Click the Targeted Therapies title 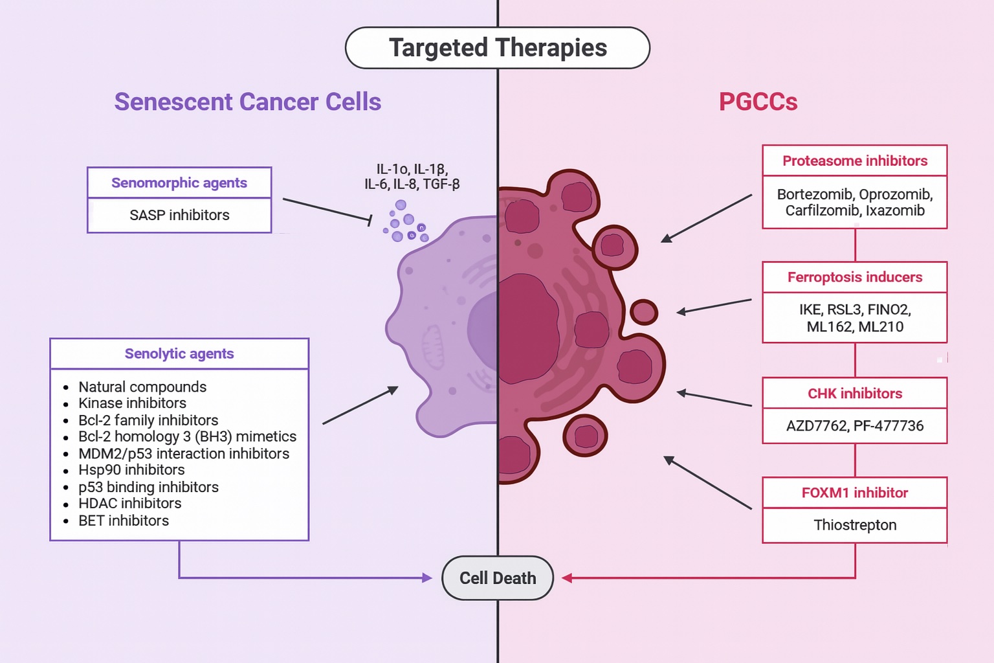pyautogui.click(x=498, y=48)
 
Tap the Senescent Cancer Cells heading pyautogui.click(x=248, y=102)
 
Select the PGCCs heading pyautogui.click(x=758, y=102)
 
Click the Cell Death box pyautogui.click(x=498, y=578)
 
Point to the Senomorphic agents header pyautogui.click(x=179, y=183)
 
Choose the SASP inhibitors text pyautogui.click(x=179, y=215)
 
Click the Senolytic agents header pyautogui.click(x=179, y=354)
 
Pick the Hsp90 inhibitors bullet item pyautogui.click(x=131, y=470)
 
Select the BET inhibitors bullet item pyautogui.click(x=124, y=521)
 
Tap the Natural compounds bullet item pyautogui.click(x=142, y=387)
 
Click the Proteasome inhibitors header pyautogui.click(x=855, y=161)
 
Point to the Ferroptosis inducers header pyautogui.click(x=855, y=277)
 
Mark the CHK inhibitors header pyautogui.click(x=855, y=394)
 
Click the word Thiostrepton pyautogui.click(x=855, y=525)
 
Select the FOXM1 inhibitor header pyautogui.click(x=855, y=493)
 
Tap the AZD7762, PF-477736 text pyautogui.click(x=855, y=426)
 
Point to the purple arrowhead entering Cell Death pyautogui.click(x=427, y=578)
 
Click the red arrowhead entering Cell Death pyautogui.click(x=567, y=578)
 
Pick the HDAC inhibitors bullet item pyautogui.click(x=130, y=504)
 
